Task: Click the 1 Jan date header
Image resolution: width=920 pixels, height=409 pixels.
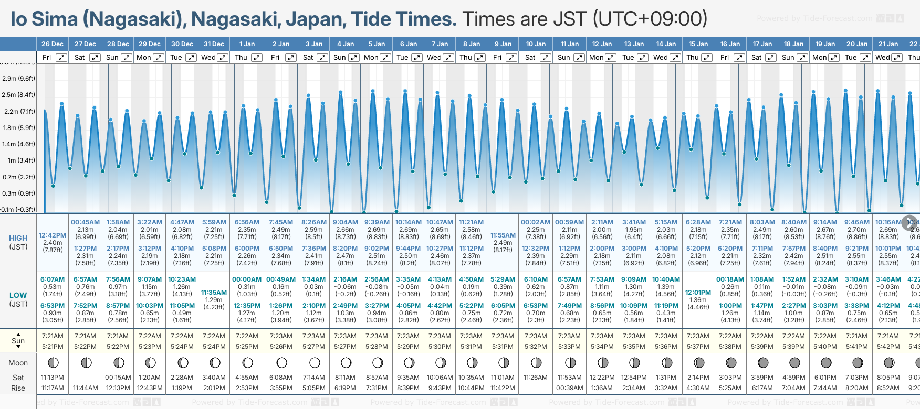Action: (x=247, y=44)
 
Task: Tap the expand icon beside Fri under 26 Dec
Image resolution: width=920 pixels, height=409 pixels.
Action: (x=61, y=58)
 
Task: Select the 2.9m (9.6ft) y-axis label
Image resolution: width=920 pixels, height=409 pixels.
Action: (x=18, y=79)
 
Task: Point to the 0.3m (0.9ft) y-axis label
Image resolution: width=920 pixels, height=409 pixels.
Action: (x=18, y=193)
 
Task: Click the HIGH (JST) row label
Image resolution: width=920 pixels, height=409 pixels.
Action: (x=18, y=242)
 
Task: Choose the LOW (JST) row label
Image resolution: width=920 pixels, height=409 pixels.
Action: (x=18, y=299)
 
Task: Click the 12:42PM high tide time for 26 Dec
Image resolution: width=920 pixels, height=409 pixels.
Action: (x=53, y=235)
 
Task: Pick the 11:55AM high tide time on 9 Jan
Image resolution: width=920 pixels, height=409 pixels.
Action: (x=503, y=235)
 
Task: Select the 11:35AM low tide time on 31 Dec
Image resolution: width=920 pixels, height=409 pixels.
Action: (x=214, y=293)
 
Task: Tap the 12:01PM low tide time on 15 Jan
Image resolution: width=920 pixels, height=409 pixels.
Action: (x=698, y=293)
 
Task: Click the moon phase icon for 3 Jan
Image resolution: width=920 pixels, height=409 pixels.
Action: (x=315, y=362)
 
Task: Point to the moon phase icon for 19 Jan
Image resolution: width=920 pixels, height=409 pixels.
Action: (x=826, y=362)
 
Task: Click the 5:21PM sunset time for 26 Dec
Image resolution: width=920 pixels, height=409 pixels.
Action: (x=53, y=347)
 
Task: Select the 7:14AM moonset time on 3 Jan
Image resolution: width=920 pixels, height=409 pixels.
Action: (x=314, y=378)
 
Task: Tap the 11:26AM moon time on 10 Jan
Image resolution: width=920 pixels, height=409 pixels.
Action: (x=536, y=378)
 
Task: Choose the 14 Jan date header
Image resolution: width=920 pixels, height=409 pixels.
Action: (x=666, y=44)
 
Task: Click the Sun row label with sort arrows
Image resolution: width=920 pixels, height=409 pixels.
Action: (x=18, y=341)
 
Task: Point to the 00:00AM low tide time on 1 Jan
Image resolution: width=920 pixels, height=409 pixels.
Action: (x=247, y=279)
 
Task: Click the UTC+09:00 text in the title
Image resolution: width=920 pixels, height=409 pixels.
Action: (x=650, y=19)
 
